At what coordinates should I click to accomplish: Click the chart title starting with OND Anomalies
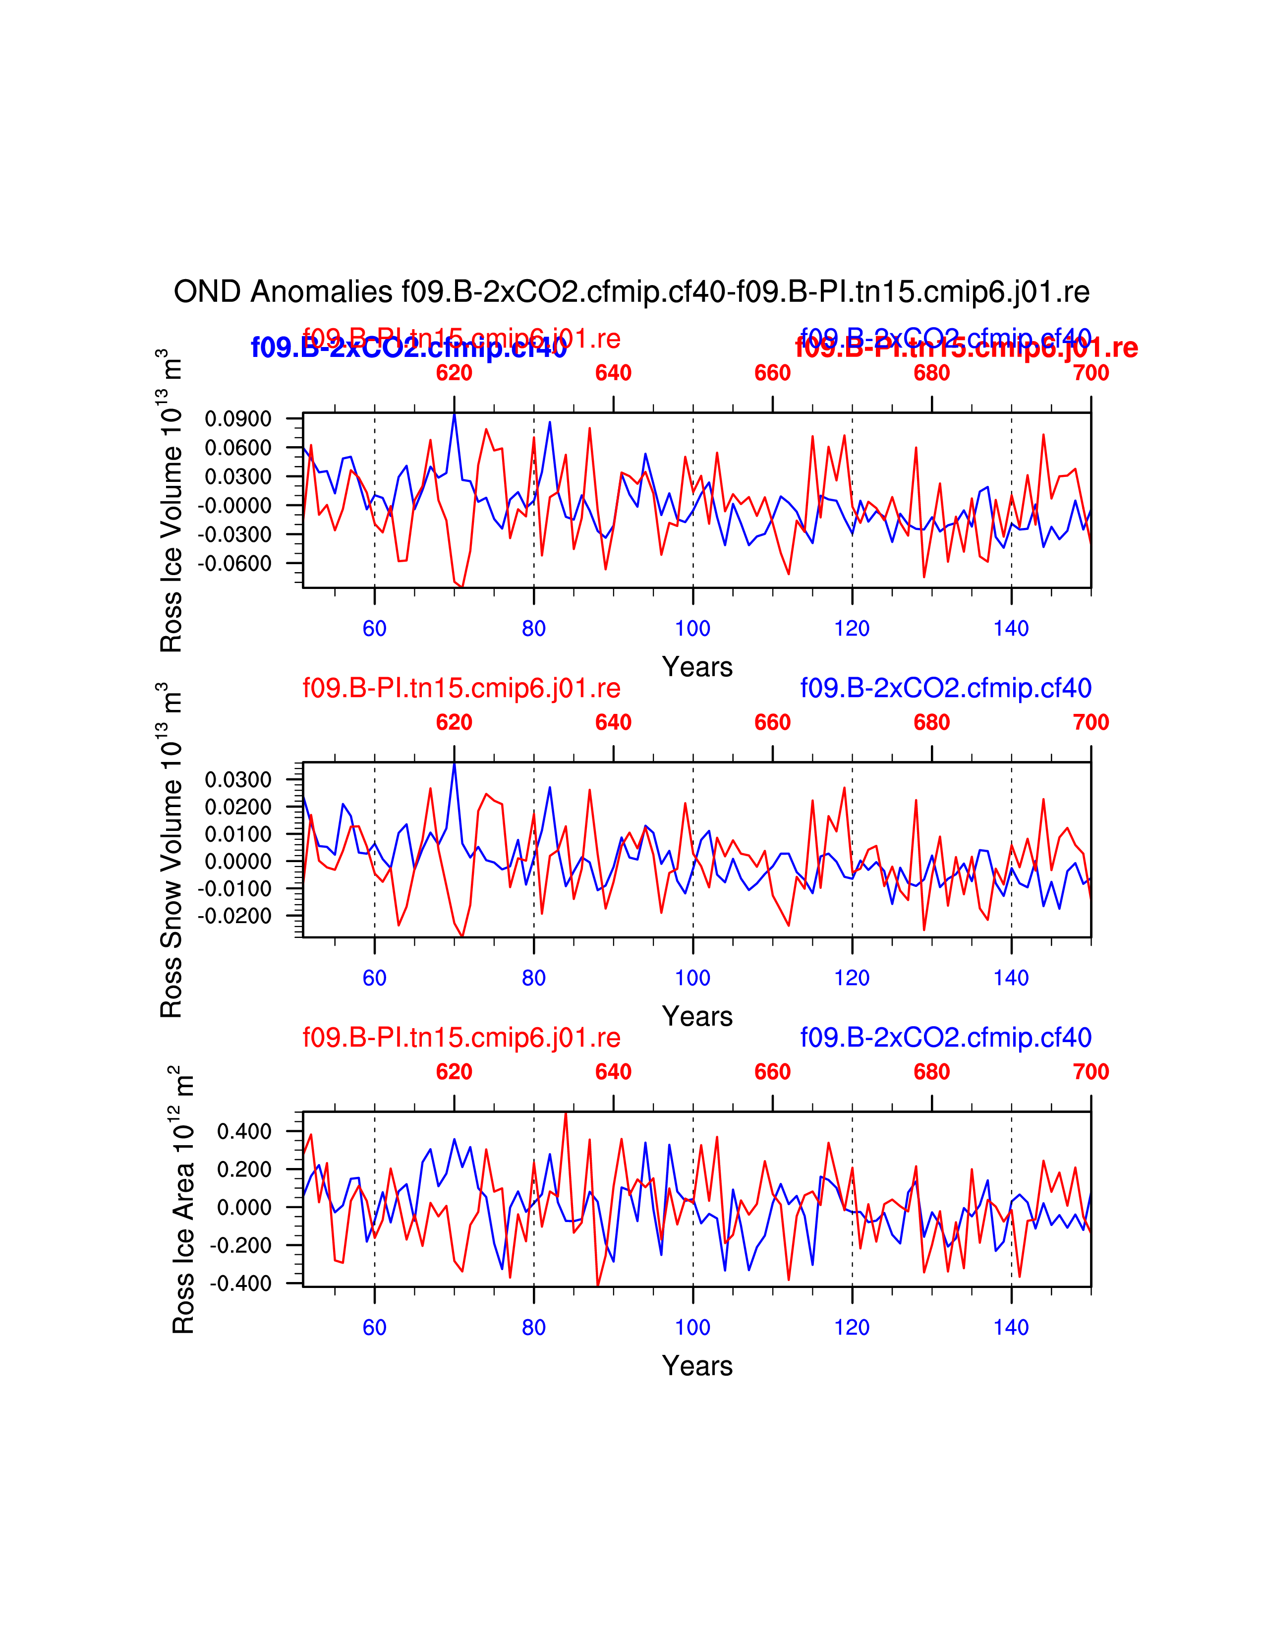click(631, 292)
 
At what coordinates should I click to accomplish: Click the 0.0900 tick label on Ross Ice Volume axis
click(238, 419)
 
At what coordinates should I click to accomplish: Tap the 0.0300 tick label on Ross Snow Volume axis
click(238, 780)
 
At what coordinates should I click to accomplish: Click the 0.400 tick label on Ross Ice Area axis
click(244, 1131)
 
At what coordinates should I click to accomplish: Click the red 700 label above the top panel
click(1091, 373)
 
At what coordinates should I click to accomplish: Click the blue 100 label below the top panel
click(692, 629)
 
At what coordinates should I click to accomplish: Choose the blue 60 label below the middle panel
click(374, 978)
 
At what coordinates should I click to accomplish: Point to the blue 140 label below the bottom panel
click(1011, 1327)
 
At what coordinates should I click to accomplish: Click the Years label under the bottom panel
click(697, 1366)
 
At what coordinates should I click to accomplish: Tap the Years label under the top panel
click(697, 667)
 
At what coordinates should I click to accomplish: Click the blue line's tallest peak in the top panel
click(454, 414)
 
